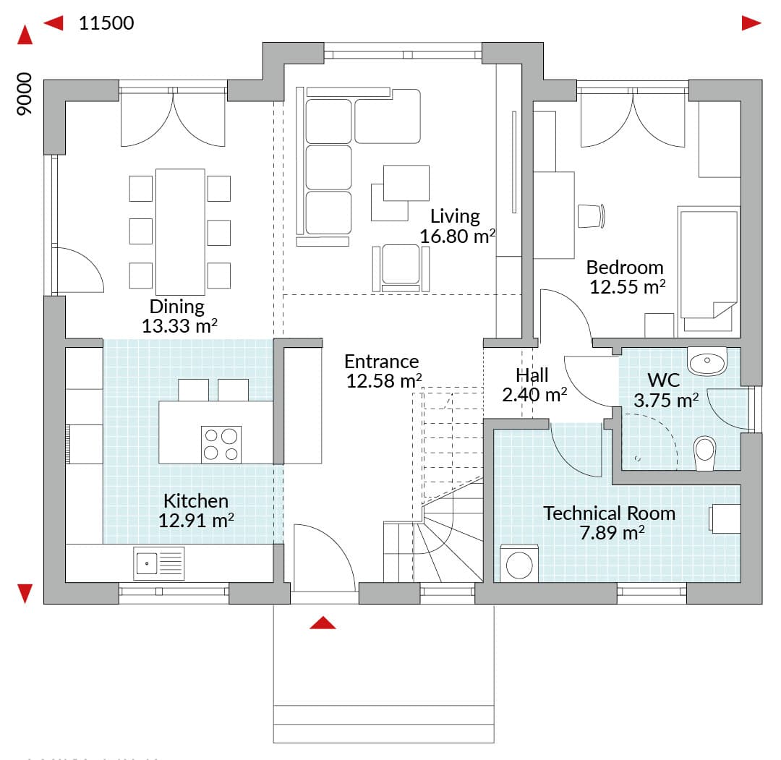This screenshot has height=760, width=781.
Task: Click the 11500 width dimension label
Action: pyautogui.click(x=106, y=23)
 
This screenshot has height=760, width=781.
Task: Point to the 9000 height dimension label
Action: pyautogui.click(x=24, y=94)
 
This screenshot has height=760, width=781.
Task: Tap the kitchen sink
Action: pyautogui.click(x=159, y=563)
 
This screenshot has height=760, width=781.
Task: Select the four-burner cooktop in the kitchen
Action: pyautogui.click(x=221, y=445)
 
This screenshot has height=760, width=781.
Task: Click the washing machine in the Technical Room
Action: pyautogui.click(x=519, y=563)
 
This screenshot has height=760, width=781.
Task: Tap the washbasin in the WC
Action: pyautogui.click(x=707, y=361)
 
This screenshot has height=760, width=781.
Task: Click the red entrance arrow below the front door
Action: pyautogui.click(x=323, y=623)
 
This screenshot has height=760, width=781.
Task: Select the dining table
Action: pyautogui.click(x=180, y=232)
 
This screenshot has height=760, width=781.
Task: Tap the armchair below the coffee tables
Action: pyautogui.click(x=401, y=268)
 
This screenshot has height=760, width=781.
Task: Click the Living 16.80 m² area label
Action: pyautogui.click(x=457, y=226)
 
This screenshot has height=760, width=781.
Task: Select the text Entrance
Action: pyautogui.click(x=382, y=361)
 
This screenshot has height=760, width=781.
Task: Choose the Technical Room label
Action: pyautogui.click(x=609, y=513)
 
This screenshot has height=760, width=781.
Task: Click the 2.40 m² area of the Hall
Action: pyautogui.click(x=534, y=394)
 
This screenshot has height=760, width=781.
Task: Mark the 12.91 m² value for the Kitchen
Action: pyautogui.click(x=196, y=521)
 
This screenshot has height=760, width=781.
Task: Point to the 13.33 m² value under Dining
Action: pyautogui.click(x=179, y=325)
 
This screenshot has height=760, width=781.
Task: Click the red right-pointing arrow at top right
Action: pyautogui.click(x=751, y=23)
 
